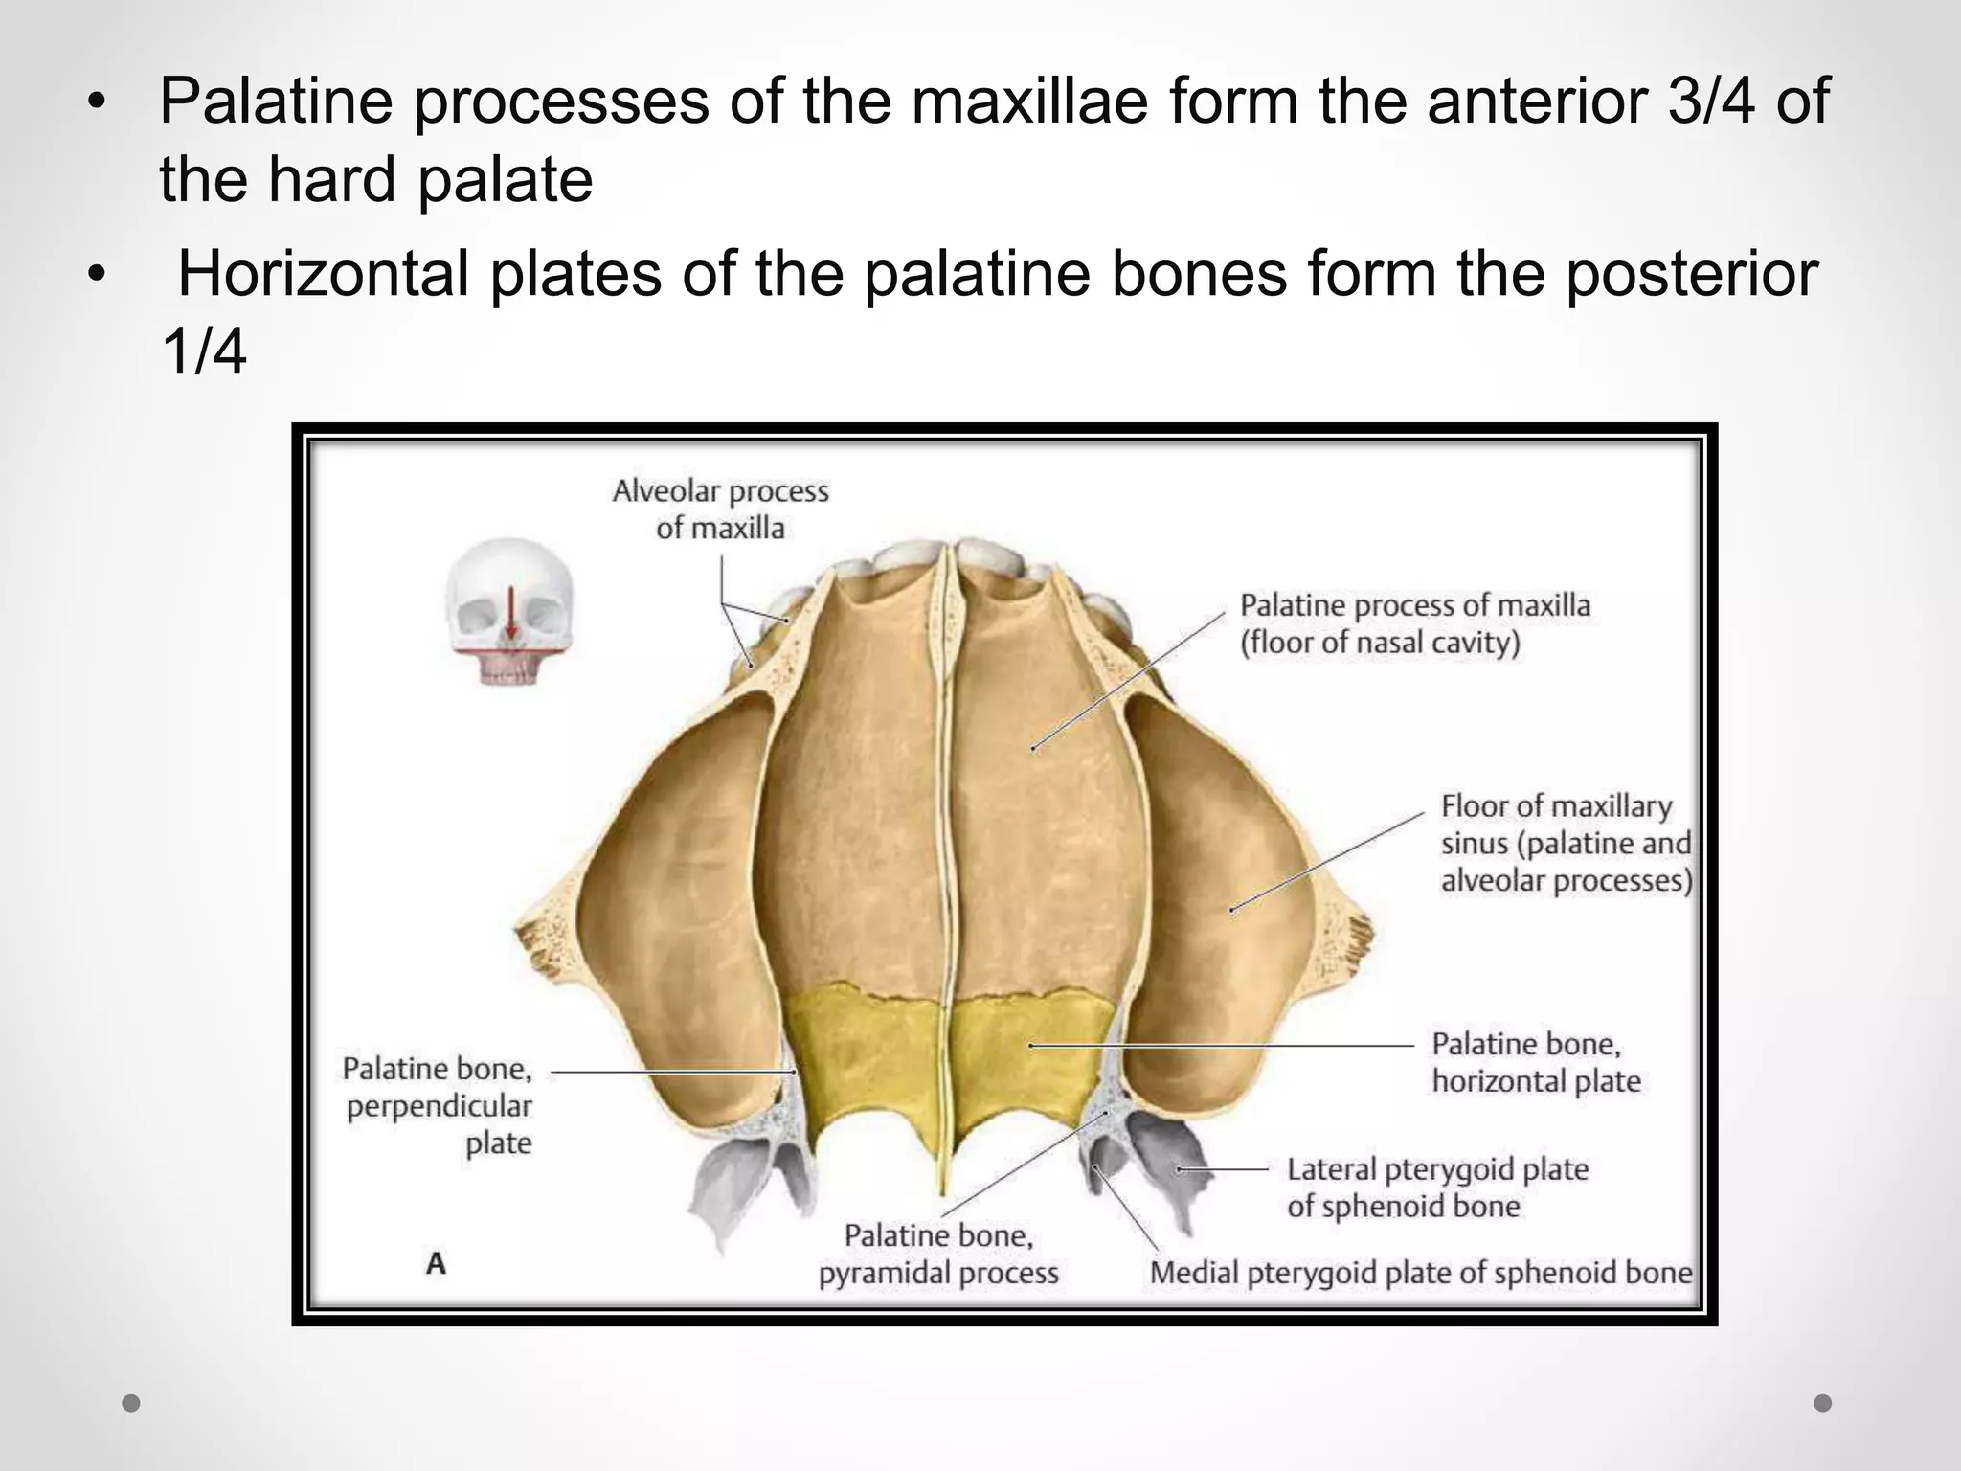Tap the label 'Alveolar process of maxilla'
(720, 509)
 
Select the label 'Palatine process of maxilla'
(1414, 623)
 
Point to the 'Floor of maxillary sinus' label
(1566, 843)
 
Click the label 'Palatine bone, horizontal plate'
(1536, 1062)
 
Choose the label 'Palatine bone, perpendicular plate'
(438, 1105)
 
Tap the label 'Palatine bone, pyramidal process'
(938, 1254)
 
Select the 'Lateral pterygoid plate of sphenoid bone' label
(1436, 1188)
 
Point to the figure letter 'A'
(436, 1264)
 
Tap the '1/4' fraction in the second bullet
(204, 352)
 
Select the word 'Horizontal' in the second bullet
(324, 274)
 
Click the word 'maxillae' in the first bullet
(1029, 102)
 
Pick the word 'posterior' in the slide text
(1691, 274)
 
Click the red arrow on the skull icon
(512, 613)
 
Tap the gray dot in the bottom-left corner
(131, 1403)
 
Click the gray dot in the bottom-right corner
(1823, 1403)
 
